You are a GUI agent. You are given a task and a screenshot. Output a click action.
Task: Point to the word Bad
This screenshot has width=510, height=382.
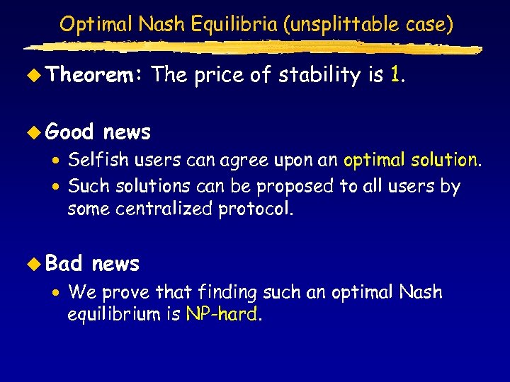pyautogui.click(x=64, y=264)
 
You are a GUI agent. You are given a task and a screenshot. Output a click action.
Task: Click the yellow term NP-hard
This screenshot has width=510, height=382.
pyautogui.click(x=222, y=314)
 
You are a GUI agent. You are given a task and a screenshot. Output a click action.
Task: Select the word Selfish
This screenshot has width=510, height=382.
pyautogui.click(x=94, y=160)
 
